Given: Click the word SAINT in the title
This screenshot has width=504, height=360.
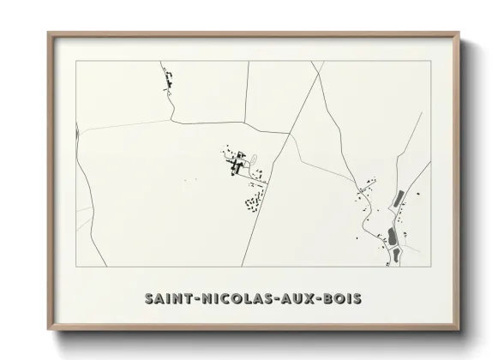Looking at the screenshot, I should point(167,299).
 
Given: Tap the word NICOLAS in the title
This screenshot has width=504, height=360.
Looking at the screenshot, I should point(233,299).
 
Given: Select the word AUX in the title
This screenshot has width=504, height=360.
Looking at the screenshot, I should point(297,299).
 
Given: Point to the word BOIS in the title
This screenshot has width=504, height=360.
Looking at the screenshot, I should point(343,299).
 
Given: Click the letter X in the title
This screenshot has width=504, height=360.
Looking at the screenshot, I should point(310,299).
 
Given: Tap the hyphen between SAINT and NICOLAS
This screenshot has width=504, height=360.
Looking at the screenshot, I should point(195,299).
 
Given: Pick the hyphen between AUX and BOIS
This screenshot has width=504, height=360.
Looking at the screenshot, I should point(321,299).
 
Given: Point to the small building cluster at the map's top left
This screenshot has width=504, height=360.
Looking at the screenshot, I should point(167,83).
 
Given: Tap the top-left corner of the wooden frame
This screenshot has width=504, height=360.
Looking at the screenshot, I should point(48,33).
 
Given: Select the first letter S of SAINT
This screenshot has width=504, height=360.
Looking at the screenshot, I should point(149,299).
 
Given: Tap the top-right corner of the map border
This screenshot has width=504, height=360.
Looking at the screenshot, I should point(430,62).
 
